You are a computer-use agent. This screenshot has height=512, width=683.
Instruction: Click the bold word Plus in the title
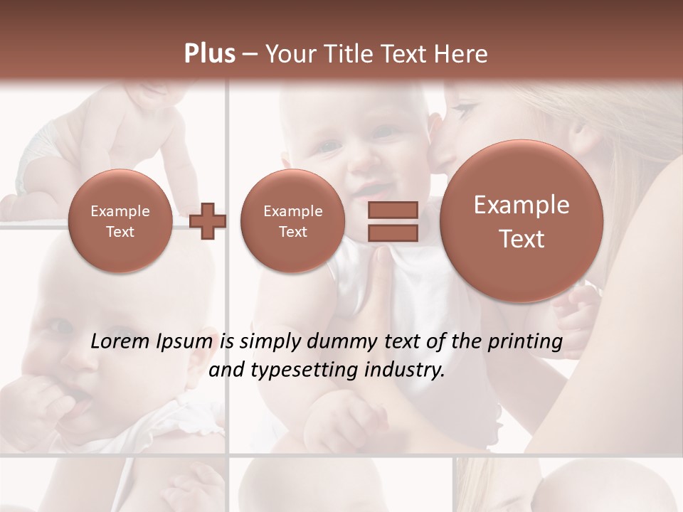coord(209,54)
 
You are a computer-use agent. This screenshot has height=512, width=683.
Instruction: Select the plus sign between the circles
coord(208,221)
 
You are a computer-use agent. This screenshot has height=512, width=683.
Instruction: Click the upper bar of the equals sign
coord(393,210)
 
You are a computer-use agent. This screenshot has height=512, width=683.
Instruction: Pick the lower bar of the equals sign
coord(393,233)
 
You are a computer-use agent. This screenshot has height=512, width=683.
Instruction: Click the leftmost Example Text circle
coord(120,221)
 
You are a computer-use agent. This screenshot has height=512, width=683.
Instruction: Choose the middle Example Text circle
coord(292,221)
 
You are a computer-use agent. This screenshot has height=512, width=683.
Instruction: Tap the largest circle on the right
coord(521,221)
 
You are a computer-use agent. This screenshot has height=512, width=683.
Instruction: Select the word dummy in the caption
coord(337,342)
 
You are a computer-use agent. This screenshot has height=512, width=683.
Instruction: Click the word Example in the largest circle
coord(521,206)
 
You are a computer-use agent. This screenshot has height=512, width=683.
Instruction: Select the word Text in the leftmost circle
coord(120,232)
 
